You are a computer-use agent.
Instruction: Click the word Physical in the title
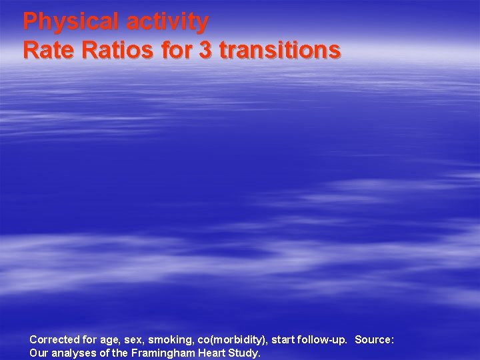(x=69, y=22)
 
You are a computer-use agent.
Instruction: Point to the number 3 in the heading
(x=205, y=50)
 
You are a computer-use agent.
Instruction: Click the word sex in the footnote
(x=133, y=340)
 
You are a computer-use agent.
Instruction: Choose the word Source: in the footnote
(x=374, y=340)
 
